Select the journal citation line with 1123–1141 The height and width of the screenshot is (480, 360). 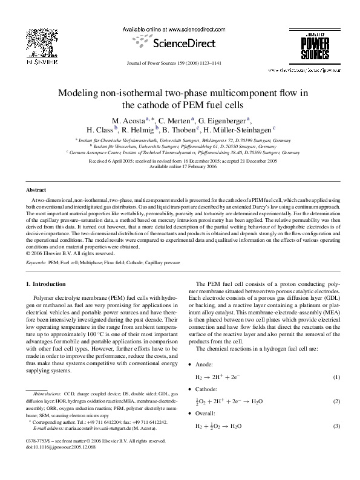click(x=180, y=62)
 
